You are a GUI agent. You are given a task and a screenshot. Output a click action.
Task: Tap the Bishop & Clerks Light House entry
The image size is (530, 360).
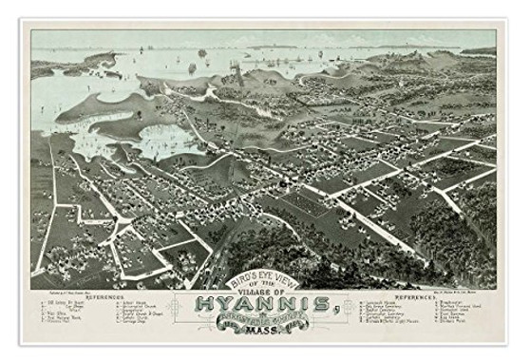coord(396,322)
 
